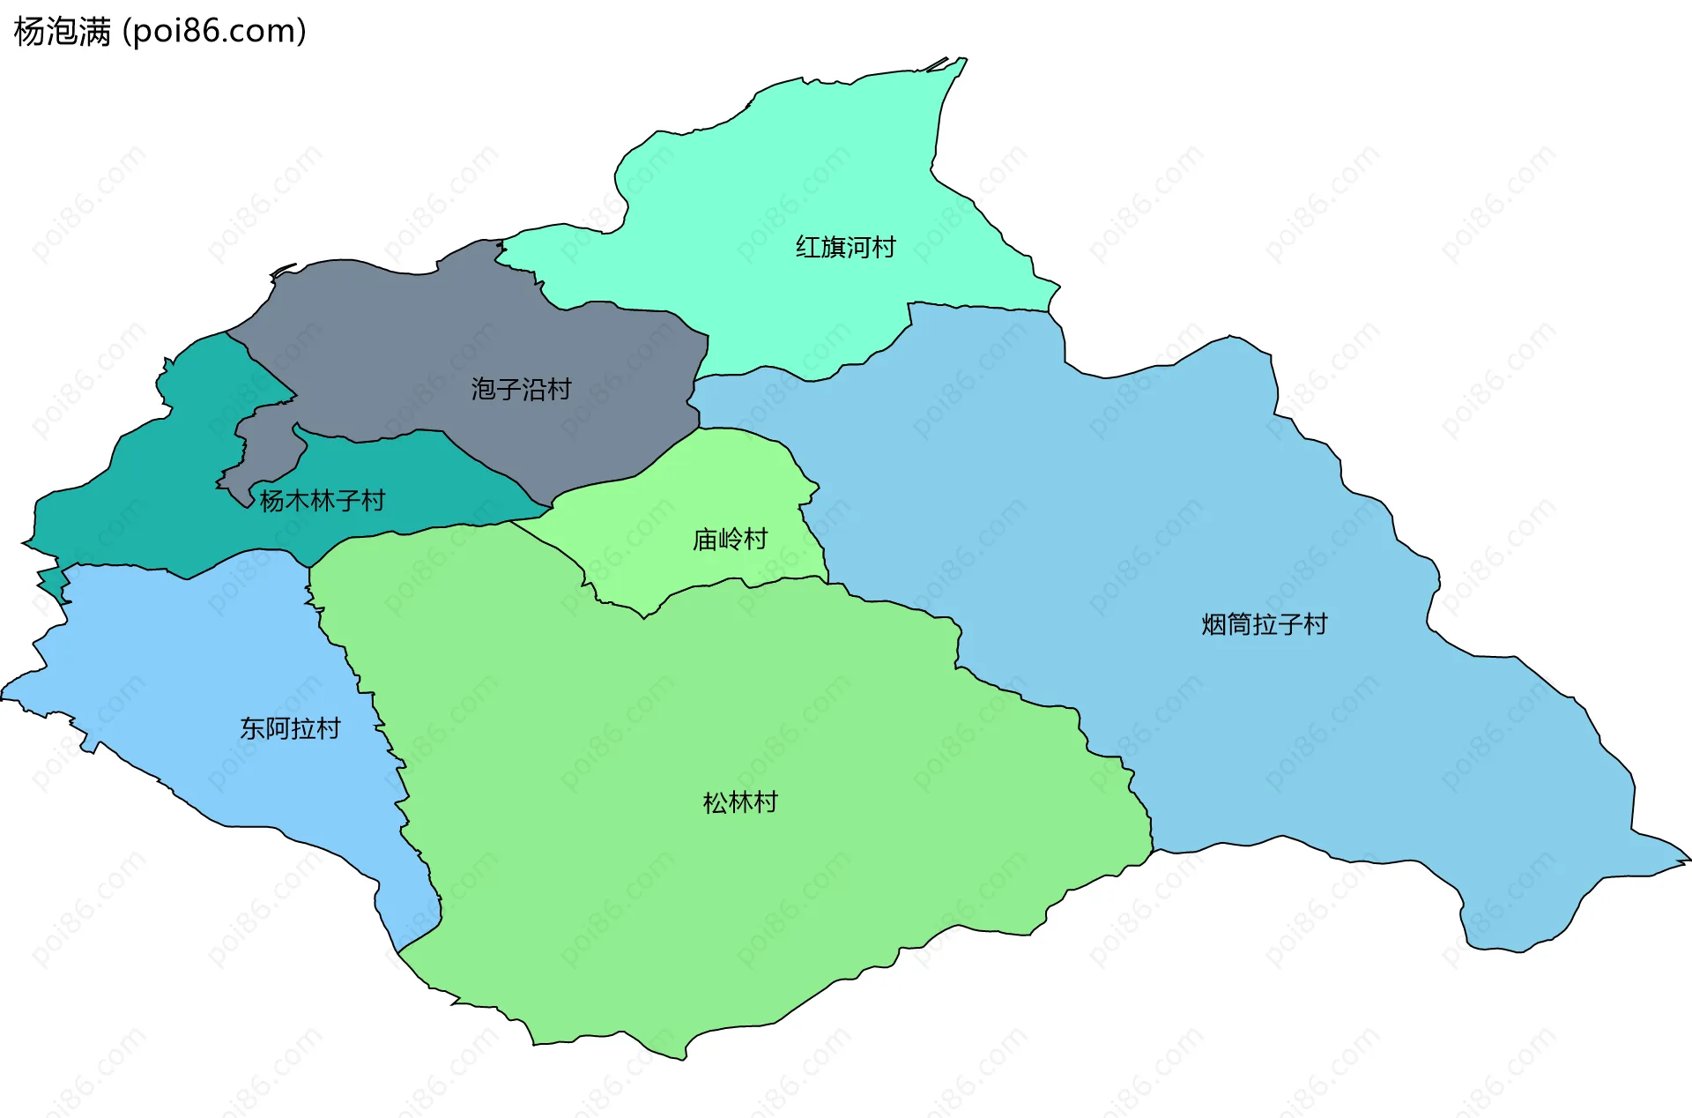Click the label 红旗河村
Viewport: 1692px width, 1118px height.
pos(845,247)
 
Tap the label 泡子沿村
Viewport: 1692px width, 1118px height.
pos(521,389)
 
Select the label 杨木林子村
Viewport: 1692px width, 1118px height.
pos(323,501)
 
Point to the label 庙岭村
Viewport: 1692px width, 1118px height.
pos(730,539)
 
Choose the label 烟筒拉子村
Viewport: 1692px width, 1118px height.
pos(1264,624)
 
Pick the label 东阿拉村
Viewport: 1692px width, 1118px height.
pos(290,728)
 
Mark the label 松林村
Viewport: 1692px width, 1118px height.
pos(740,802)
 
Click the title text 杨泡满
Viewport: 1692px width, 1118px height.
pos(63,32)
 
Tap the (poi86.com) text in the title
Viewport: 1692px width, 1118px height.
pos(214,32)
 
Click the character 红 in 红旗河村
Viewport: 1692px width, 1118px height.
pos(808,247)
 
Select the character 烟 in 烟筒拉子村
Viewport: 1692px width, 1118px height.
pos(1213,624)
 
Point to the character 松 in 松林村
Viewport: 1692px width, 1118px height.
pos(716,802)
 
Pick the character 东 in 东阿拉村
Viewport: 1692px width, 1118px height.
pos(253,728)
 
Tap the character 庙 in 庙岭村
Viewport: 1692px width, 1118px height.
pos(705,539)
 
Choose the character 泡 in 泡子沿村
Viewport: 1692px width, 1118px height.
pos(483,389)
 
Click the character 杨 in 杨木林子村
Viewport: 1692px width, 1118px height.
pos(271,501)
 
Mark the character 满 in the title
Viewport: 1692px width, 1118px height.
pos(95,32)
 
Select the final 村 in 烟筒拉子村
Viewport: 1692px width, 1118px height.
pos(1315,624)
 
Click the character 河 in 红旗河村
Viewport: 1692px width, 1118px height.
pos(858,247)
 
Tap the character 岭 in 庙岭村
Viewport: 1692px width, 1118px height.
pos(731,539)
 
